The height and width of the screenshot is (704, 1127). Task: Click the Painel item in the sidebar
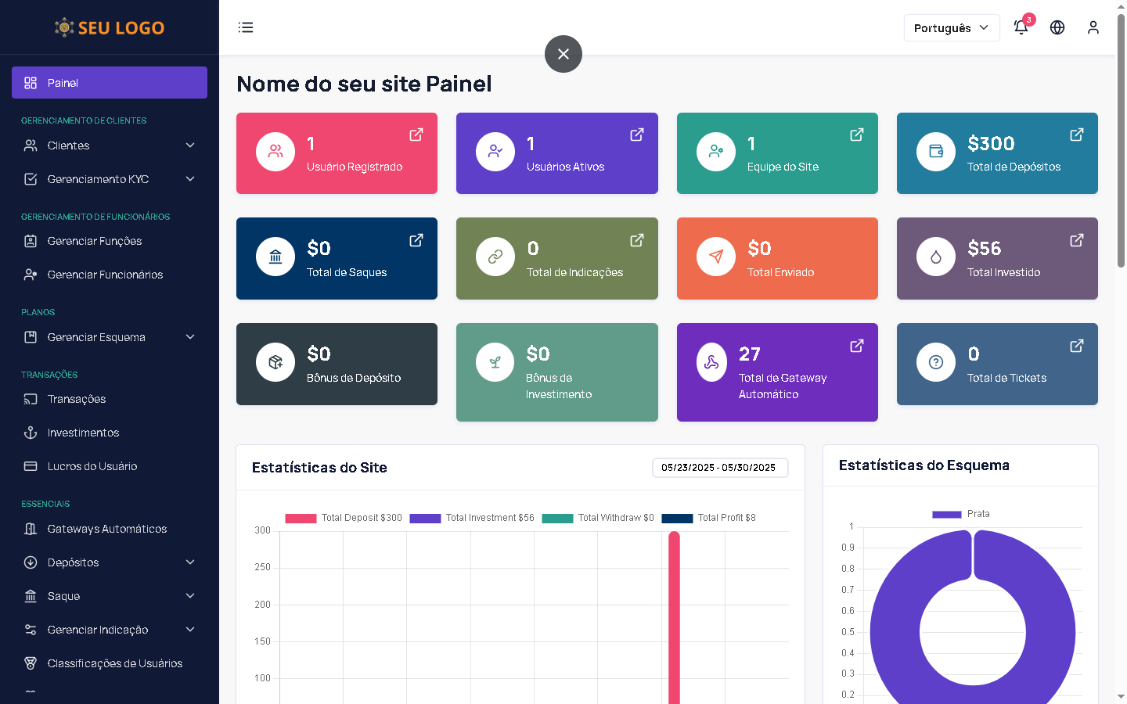tap(110, 83)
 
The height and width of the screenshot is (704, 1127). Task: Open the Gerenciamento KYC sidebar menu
tap(110, 179)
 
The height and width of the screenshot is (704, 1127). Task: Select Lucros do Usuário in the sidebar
tap(92, 466)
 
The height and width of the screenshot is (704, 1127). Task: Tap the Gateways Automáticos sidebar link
tap(107, 529)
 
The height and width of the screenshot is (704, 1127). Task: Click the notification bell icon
tap(1021, 27)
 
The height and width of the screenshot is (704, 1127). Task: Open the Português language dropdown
tap(951, 28)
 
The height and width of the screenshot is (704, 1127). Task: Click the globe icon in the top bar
tap(1057, 27)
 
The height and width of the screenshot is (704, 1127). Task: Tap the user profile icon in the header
tap(1093, 27)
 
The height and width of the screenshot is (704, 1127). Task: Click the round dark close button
tap(563, 54)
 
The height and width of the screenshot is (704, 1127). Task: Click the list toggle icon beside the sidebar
tap(246, 27)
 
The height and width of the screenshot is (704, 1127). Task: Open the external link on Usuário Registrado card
tap(416, 135)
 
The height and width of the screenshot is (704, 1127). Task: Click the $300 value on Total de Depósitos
tap(991, 144)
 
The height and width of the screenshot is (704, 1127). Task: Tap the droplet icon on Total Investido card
tap(936, 257)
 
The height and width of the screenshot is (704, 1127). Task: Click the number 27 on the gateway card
tap(750, 354)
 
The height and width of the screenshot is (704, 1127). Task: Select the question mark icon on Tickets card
tap(936, 362)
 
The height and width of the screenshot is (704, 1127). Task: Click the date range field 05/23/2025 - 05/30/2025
tap(719, 468)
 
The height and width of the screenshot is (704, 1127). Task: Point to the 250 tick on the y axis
tap(262, 567)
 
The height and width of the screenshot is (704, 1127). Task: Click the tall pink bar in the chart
tap(674, 618)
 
